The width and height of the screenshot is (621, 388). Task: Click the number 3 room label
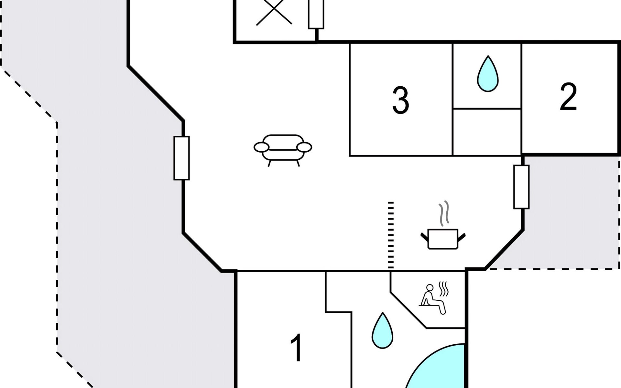point(400,100)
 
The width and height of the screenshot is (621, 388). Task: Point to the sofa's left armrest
point(261,147)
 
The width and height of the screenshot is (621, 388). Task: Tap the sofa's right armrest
point(304,147)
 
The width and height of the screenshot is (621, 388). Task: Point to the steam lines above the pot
point(444,213)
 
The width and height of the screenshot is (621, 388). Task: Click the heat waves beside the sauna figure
point(443,289)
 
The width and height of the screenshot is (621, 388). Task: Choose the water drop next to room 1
point(382,330)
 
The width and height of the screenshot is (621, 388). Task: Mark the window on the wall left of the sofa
point(181,158)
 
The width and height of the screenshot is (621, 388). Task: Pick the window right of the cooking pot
point(521,187)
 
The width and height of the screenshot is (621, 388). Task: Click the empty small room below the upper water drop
point(487,132)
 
